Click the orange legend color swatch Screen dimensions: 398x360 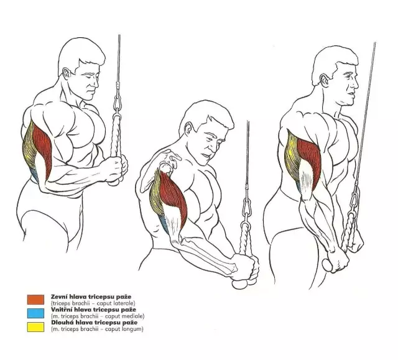click(35, 299)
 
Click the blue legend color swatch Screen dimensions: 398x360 click(35, 313)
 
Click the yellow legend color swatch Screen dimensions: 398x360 click(35, 327)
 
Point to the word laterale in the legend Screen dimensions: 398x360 click(125, 303)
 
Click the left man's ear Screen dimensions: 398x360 click(66, 73)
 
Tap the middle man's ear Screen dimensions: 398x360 click(189, 129)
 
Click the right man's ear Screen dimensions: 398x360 click(324, 81)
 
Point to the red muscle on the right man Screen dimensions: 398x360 click(309, 160)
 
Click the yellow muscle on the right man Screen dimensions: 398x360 click(292, 157)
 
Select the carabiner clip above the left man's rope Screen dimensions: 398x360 click(118, 103)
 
